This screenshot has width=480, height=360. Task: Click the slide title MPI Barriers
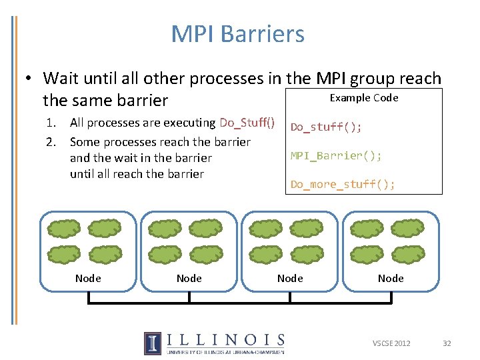coord(237,34)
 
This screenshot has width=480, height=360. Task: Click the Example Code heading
coord(364,98)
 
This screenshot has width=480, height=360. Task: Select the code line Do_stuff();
coord(326,127)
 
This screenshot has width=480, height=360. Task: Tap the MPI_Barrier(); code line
coord(336,155)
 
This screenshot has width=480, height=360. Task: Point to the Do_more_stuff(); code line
coord(343,185)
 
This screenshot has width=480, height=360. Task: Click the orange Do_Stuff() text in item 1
coord(247,123)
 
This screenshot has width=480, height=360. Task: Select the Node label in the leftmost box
coord(88,278)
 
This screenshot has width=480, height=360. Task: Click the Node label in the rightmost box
coord(391,278)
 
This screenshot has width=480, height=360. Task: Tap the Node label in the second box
coord(189,278)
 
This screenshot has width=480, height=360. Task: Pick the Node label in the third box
coord(290,278)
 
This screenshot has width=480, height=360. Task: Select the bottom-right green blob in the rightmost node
coord(408,255)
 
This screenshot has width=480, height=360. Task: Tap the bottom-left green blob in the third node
coord(266,255)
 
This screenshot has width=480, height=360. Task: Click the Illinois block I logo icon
coord(152,343)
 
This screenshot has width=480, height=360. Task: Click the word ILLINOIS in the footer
coord(226,340)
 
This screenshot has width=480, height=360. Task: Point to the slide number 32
coord(447,343)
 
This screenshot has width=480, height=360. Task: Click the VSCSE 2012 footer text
coord(391,343)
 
